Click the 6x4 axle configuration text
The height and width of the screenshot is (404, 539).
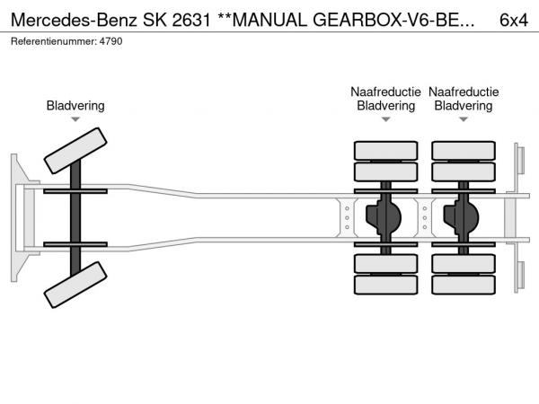514,20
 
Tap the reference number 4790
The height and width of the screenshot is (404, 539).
110,41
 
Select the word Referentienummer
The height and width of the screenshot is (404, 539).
54,41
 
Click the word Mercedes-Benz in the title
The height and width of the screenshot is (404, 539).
74,20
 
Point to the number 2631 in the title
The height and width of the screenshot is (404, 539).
191,20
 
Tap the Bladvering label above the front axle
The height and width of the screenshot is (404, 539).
75,106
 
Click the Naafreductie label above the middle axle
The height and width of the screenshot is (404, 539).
385,92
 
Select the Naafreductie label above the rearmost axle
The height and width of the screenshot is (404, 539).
464,92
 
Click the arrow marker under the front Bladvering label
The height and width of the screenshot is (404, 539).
75,119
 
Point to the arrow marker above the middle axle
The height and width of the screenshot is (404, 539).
385,119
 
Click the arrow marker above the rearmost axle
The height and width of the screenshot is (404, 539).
464,119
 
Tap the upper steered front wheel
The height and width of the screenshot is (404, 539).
75,151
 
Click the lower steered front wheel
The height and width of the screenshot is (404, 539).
75,285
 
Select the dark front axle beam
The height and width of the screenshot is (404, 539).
75,218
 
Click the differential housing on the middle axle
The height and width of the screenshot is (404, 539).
384,218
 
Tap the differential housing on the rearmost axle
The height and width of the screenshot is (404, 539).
462,218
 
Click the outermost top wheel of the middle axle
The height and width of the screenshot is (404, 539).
385,151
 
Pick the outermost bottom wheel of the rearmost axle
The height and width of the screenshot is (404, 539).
464,285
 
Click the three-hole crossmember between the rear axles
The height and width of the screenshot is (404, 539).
425,218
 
